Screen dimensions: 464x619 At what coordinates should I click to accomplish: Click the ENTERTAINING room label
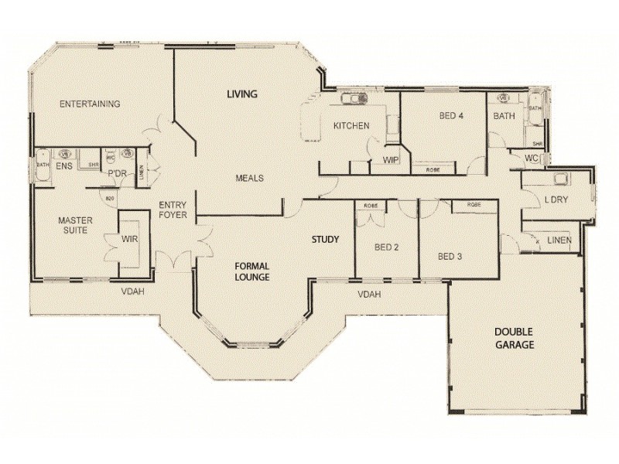[x=90, y=104]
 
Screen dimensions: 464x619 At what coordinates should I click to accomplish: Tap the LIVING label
[x=241, y=94]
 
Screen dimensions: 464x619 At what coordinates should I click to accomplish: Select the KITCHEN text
[x=351, y=126]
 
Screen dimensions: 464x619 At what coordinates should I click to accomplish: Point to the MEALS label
[x=249, y=178]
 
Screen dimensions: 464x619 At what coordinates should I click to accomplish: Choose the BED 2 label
[x=386, y=247]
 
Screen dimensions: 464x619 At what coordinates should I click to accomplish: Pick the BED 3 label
[x=450, y=256]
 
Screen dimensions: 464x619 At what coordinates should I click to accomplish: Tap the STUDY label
[x=325, y=239]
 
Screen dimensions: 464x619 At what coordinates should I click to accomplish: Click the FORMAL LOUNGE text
[x=252, y=271]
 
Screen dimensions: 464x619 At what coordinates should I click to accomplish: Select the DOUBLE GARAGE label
[x=515, y=339]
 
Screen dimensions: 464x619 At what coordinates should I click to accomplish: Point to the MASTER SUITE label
[x=75, y=226]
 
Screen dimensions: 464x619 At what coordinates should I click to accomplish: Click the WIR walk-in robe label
[x=129, y=240]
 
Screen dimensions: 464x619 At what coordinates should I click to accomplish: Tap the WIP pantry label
[x=390, y=160]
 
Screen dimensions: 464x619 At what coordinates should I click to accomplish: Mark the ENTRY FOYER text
[x=172, y=210]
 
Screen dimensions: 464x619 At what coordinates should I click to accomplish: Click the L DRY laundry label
[x=556, y=200]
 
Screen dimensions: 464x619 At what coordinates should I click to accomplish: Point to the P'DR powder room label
[x=117, y=173]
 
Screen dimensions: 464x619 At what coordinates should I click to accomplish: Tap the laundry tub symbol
[x=561, y=179]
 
